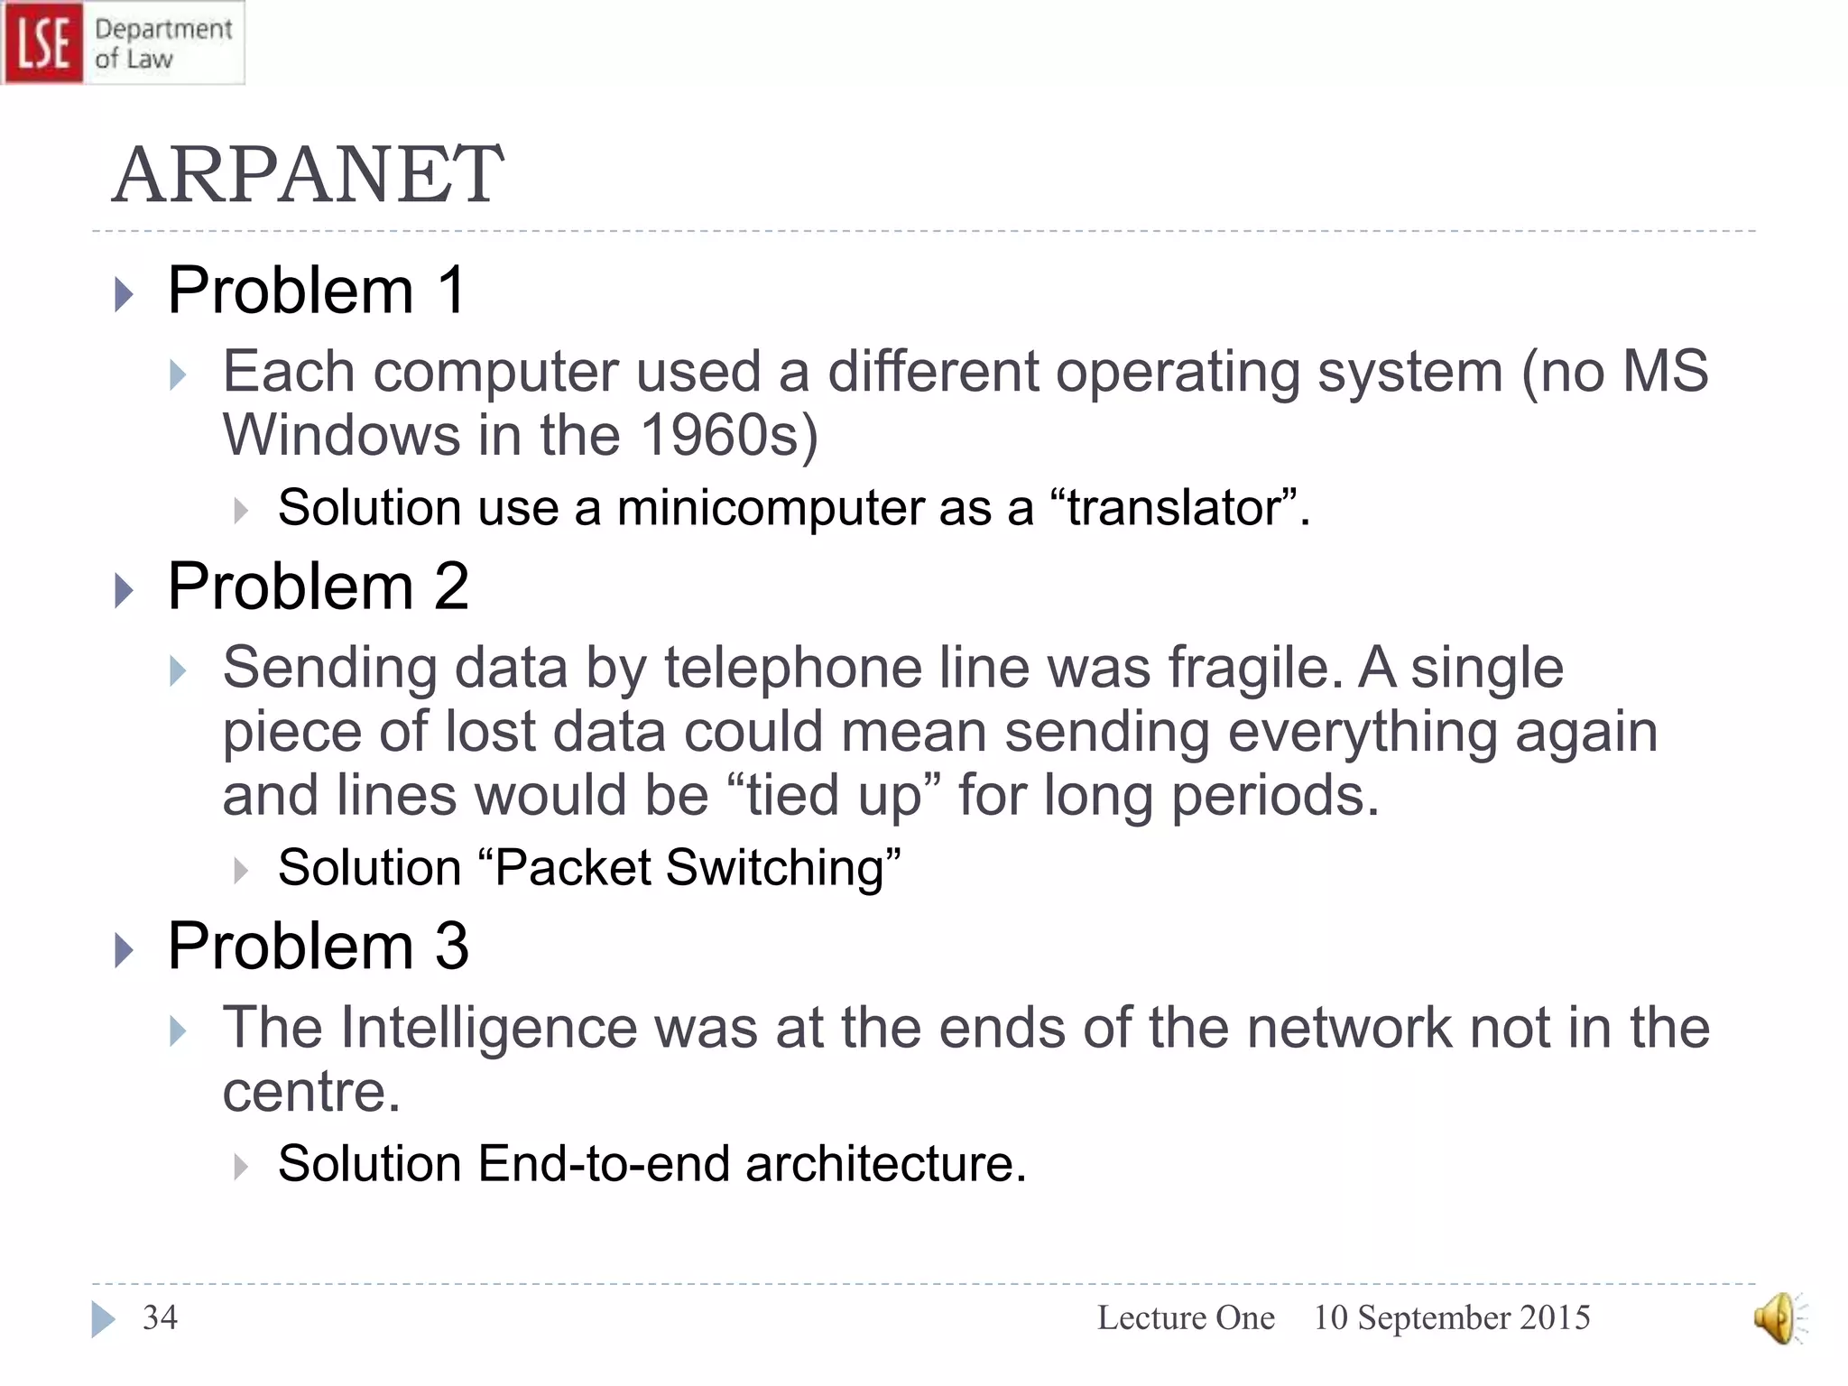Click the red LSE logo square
click(x=42, y=42)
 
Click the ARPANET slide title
click(x=308, y=174)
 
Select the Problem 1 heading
click(x=317, y=291)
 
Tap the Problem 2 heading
click(x=318, y=587)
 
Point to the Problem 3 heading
click(x=318, y=947)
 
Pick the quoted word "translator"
click(x=1175, y=507)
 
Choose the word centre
click(x=310, y=1092)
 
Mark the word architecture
click(x=884, y=1163)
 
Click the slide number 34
click(x=161, y=1318)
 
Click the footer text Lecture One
click(x=1186, y=1318)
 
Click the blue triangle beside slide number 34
click(x=103, y=1319)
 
